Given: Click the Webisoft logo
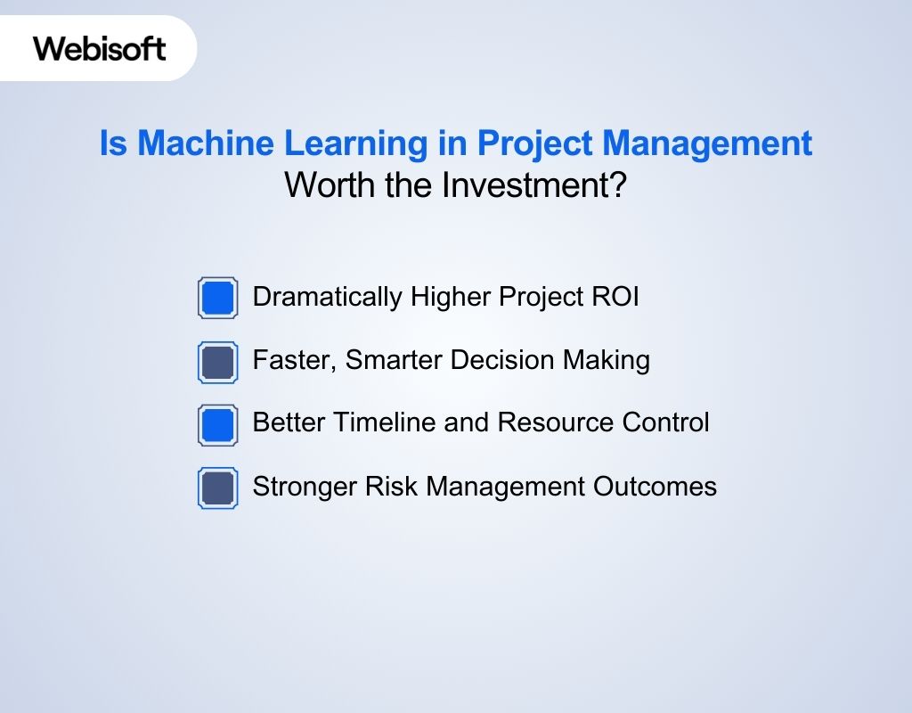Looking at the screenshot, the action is coord(100,48).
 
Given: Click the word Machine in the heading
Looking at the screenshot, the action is coord(206,143).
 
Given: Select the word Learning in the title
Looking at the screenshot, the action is coord(356,143).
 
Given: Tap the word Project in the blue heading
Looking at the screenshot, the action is coord(534,144).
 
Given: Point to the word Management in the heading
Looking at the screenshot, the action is coord(706,143).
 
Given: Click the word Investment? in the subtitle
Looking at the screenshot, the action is coord(534,185).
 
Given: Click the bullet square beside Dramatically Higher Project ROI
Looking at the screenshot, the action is coord(217,298).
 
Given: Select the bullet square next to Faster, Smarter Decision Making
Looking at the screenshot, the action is coord(217,362).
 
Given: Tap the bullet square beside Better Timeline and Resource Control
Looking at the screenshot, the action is coord(217,425).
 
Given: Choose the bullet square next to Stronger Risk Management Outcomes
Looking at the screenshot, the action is coord(217,488).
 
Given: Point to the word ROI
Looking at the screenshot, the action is coord(615,296).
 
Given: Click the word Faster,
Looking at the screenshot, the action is coord(295,360).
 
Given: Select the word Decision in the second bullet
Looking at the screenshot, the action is coord(502,360).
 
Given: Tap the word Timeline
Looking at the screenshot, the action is coord(385,422).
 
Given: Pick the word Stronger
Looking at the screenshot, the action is coord(305,487).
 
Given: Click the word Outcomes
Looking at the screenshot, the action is coord(655,486).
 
